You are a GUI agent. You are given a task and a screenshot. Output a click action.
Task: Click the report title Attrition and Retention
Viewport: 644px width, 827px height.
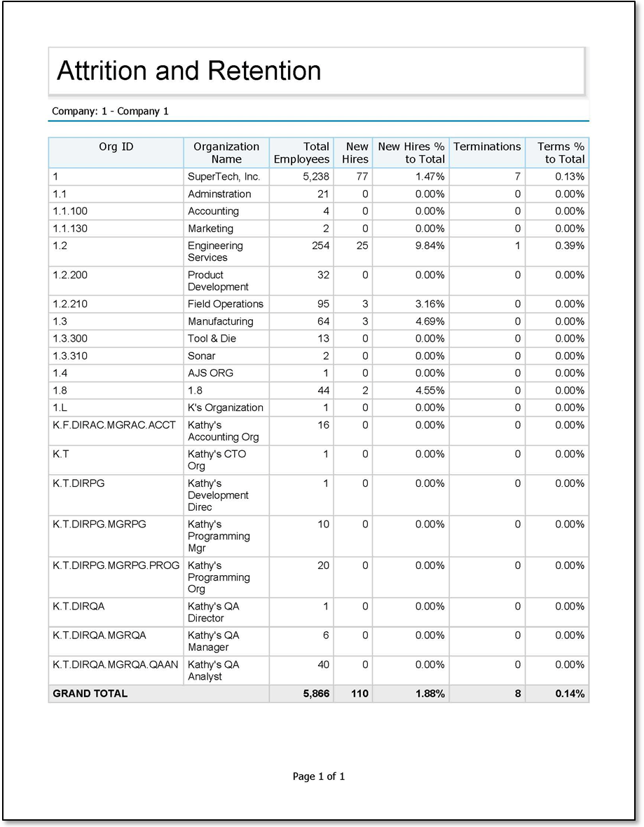pyautogui.click(x=189, y=71)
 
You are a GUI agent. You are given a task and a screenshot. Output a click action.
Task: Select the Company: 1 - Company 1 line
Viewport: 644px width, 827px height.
pyautogui.click(x=110, y=111)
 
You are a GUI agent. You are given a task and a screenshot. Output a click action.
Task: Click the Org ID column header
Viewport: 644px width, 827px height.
pyautogui.click(x=116, y=147)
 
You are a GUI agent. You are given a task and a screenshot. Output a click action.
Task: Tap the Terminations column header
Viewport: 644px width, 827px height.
pyautogui.click(x=487, y=147)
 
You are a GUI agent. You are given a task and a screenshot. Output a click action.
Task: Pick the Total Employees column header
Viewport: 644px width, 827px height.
pyautogui.click(x=301, y=153)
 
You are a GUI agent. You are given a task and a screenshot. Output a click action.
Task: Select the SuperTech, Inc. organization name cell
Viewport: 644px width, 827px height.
pyautogui.click(x=224, y=177)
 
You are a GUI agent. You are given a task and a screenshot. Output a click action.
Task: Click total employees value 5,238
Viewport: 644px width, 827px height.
pyautogui.click(x=315, y=177)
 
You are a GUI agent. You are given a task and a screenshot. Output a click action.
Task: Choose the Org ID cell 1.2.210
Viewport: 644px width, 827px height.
pyautogui.click(x=70, y=304)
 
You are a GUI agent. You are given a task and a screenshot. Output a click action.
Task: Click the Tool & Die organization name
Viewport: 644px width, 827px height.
pyautogui.click(x=212, y=339)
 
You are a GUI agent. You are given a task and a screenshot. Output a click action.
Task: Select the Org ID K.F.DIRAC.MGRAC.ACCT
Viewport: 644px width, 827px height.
pyautogui.click(x=114, y=425)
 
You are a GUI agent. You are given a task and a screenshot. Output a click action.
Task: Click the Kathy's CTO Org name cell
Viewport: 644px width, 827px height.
pyautogui.click(x=217, y=459)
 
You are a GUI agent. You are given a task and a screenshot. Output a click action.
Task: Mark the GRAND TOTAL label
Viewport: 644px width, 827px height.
pyautogui.click(x=90, y=694)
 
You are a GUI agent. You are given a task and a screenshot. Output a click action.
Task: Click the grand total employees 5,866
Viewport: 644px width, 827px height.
pyautogui.click(x=315, y=694)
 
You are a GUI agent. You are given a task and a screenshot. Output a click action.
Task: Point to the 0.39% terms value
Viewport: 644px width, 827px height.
pyautogui.click(x=570, y=246)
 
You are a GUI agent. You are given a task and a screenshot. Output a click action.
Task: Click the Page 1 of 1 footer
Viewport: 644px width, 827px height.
pyautogui.click(x=319, y=776)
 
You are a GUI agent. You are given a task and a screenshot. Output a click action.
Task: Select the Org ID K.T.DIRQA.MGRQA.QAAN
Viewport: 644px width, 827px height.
pyautogui.click(x=116, y=664)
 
